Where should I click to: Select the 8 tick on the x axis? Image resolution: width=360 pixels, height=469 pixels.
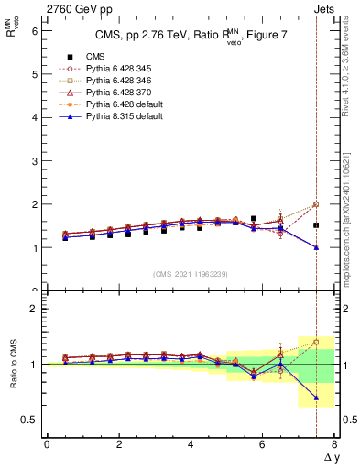click(x=334, y=445)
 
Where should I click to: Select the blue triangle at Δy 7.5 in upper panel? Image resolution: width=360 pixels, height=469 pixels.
click(x=316, y=247)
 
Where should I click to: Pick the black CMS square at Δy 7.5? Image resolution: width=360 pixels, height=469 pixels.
click(x=316, y=225)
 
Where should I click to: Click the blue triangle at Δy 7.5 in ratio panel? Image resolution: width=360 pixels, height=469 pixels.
click(x=316, y=398)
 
